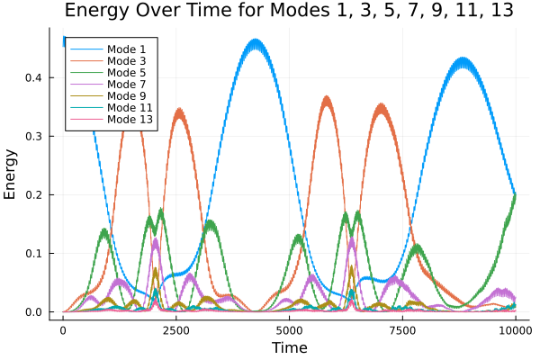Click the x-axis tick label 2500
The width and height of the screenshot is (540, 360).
tap(176, 330)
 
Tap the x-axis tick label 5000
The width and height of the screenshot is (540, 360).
tap(289, 330)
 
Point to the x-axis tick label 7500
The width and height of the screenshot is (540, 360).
tap(402, 330)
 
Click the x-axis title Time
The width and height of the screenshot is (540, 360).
tap(289, 347)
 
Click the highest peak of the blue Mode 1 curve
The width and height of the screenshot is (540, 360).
tap(256, 40)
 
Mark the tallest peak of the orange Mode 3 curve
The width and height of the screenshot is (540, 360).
tap(327, 97)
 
